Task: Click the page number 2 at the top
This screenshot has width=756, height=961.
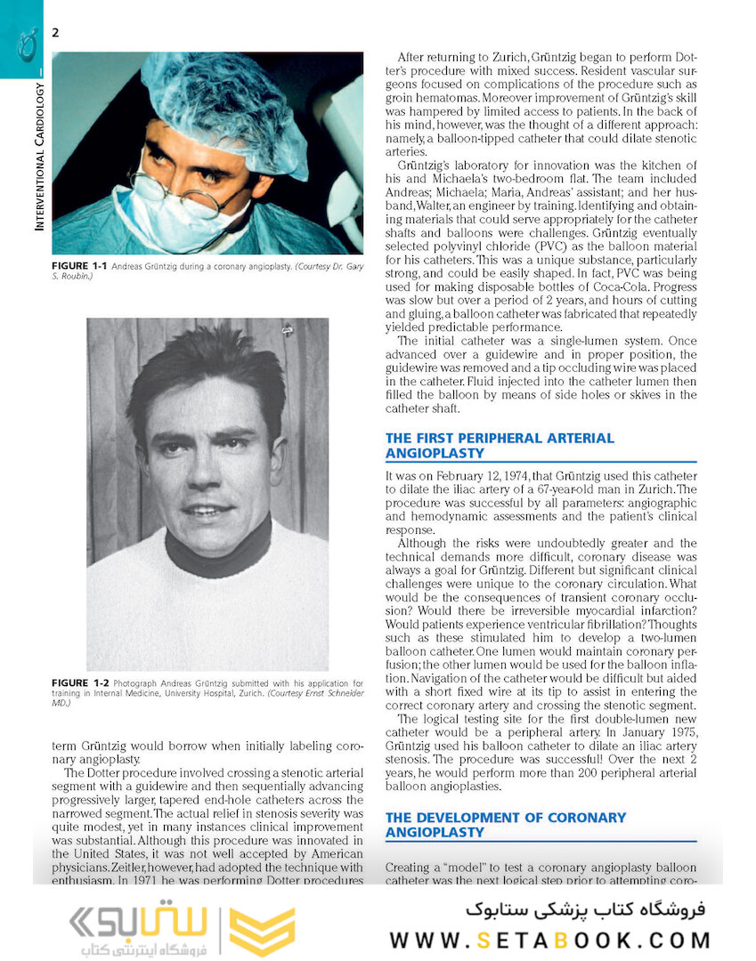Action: [x=55, y=33]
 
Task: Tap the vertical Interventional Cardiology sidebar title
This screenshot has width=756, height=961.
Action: [x=39, y=157]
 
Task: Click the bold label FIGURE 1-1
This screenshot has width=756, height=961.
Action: [x=82, y=266]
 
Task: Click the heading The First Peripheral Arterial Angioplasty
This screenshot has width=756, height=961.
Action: [x=499, y=445]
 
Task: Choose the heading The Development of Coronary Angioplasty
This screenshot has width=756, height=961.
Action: [x=505, y=824]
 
